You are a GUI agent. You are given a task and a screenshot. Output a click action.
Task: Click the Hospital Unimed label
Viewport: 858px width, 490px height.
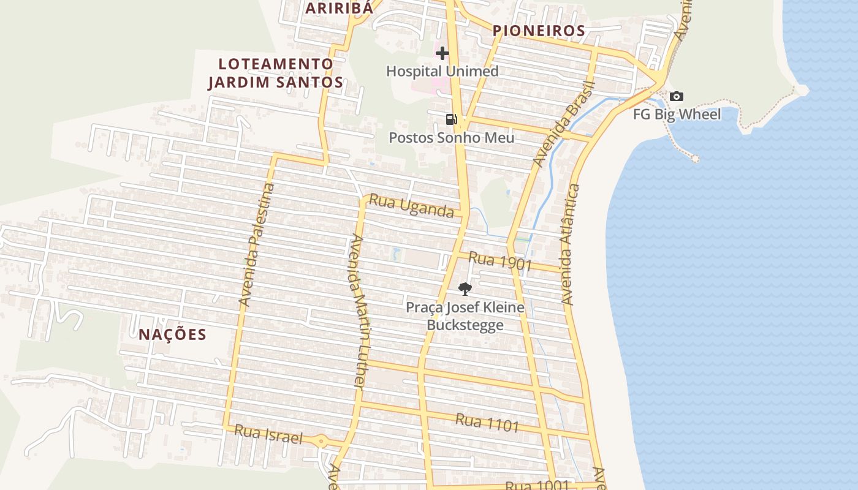(442, 71)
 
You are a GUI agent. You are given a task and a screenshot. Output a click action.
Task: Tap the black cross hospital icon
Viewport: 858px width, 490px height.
(442, 54)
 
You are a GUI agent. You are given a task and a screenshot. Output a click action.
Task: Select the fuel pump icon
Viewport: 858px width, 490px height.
(451, 119)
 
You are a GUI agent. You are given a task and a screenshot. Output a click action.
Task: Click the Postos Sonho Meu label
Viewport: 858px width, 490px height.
(451, 138)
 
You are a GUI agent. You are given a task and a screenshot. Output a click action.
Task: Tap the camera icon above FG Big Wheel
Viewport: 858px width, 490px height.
(676, 97)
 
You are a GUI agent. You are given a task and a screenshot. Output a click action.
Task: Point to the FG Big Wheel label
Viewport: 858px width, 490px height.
(677, 115)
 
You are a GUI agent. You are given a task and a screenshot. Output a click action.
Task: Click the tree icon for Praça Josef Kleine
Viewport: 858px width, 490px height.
(465, 288)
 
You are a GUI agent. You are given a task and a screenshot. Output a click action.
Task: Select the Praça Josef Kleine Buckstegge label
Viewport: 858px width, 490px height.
(465, 315)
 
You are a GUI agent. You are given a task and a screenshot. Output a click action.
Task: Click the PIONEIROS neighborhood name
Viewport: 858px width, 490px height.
(539, 31)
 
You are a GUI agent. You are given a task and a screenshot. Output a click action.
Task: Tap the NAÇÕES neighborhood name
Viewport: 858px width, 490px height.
(172, 334)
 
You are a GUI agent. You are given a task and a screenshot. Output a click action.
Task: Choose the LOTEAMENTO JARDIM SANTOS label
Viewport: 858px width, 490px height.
(275, 73)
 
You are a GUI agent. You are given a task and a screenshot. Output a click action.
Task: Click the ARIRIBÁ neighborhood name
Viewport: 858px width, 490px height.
(338, 8)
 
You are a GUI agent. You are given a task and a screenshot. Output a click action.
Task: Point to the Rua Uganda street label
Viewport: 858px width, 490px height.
(411, 206)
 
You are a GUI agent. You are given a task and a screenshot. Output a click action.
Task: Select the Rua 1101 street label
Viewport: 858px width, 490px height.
(487, 422)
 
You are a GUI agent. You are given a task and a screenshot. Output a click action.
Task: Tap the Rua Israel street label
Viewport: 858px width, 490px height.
(268, 434)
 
